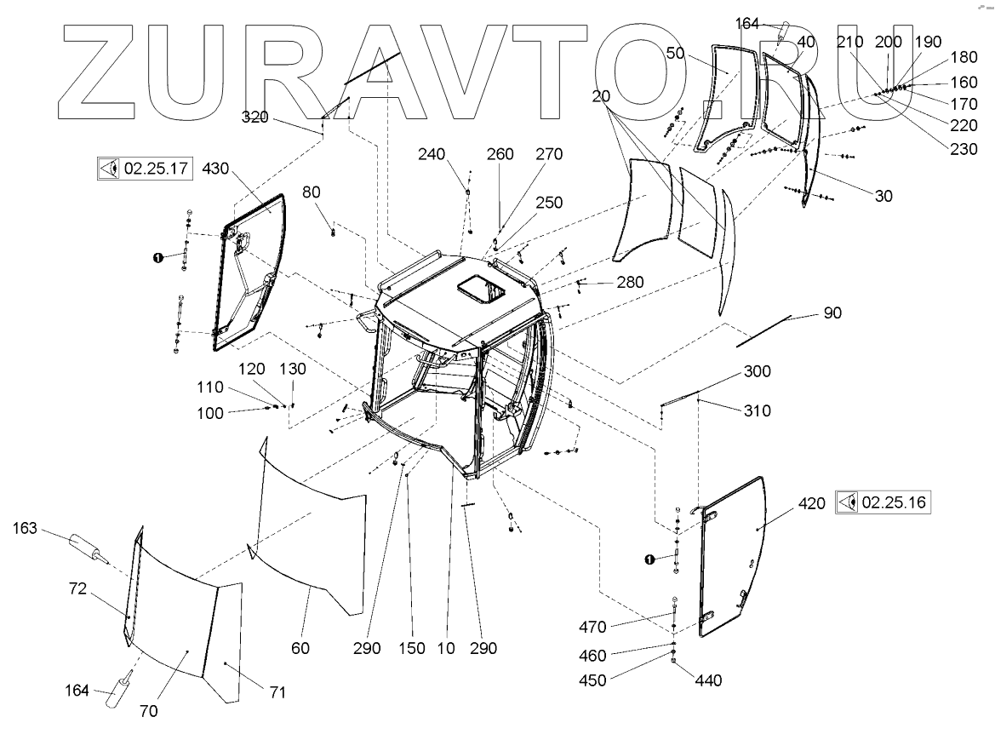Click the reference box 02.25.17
pyautogui.click(x=144, y=168)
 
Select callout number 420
pyautogui.click(x=812, y=504)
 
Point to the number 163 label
pyautogui.click(x=25, y=529)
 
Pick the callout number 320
pyautogui.click(x=254, y=118)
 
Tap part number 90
pyautogui.click(x=832, y=313)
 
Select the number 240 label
pyautogui.click(x=432, y=154)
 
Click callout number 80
pyautogui.click(x=312, y=192)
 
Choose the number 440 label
pyautogui.click(x=708, y=680)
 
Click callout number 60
pyautogui.click(x=300, y=648)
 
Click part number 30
pyautogui.click(x=883, y=195)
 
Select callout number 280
pyautogui.click(x=631, y=283)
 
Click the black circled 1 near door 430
pyautogui.click(x=157, y=257)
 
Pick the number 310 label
pyautogui.click(x=758, y=410)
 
